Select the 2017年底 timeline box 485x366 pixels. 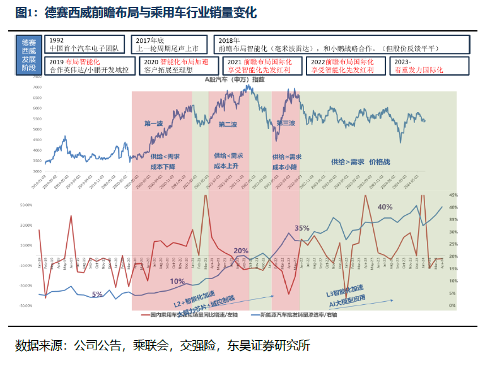169,43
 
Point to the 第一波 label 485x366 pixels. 155,123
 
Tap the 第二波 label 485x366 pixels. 228,125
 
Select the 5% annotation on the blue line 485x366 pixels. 97,294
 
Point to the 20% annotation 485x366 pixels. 241,251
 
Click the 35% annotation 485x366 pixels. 301,228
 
